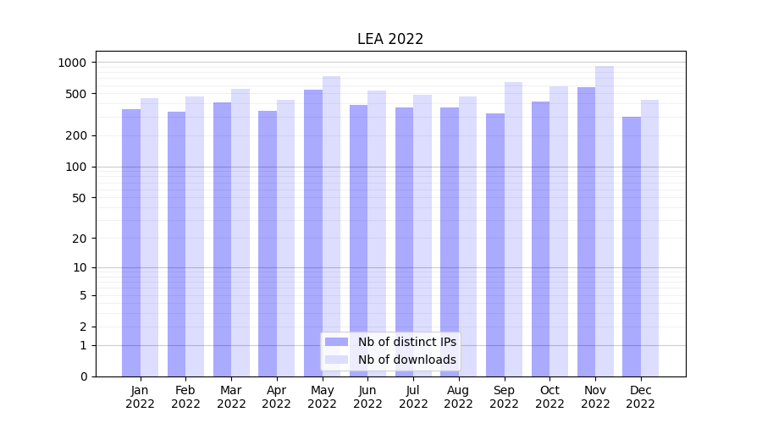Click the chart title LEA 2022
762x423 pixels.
[x=390, y=39]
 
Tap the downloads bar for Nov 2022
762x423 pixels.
[x=605, y=221]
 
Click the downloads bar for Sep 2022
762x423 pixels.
[x=513, y=229]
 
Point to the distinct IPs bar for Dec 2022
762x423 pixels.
[x=632, y=246]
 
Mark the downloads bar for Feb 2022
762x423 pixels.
[x=195, y=236]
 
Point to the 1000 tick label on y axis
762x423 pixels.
[x=72, y=63]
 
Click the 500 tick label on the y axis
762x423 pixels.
[x=75, y=94]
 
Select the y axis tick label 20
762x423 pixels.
[x=79, y=239]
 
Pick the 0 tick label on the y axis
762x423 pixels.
[x=83, y=376]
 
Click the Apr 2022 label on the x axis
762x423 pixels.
[x=277, y=397]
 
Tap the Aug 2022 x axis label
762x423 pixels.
[x=459, y=397]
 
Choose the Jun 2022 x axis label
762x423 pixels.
[x=367, y=397]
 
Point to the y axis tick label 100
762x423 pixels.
[x=75, y=167]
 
